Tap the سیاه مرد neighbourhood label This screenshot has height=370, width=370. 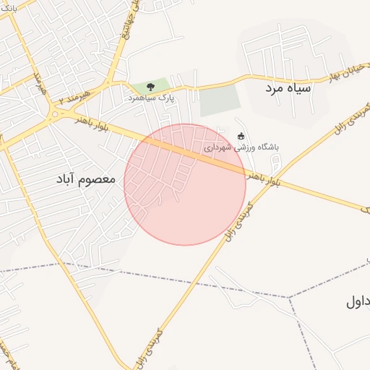pos(287,88)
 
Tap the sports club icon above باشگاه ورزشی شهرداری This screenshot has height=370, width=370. pos(241,136)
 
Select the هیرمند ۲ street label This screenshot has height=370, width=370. pos(74,94)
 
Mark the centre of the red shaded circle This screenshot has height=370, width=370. pos(185,184)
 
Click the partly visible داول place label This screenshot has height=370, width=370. pos(358,302)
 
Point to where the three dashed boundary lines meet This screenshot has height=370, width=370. pos(289,297)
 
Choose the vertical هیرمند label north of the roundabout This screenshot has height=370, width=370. pos(36,85)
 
